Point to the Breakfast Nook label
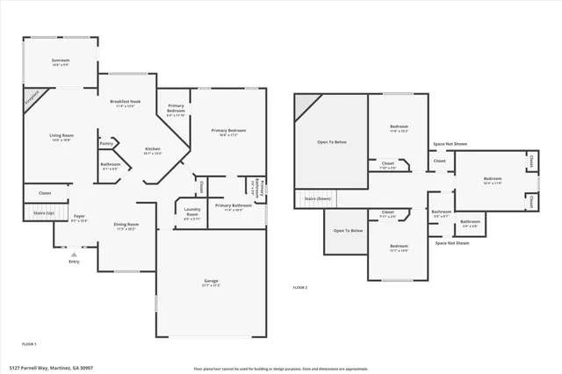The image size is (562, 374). (x=126, y=102)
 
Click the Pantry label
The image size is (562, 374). (x=106, y=143)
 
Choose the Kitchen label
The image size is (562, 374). (x=153, y=149)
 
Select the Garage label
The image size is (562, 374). (x=211, y=282)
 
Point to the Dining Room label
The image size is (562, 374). (x=126, y=225)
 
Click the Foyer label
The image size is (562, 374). (x=79, y=218)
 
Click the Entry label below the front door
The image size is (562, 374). (x=74, y=261)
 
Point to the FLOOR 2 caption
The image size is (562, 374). (x=300, y=287)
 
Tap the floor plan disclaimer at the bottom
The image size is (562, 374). (x=282, y=367)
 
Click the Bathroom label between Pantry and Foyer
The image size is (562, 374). (x=110, y=164)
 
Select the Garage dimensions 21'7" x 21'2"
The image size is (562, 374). (x=211, y=286)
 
